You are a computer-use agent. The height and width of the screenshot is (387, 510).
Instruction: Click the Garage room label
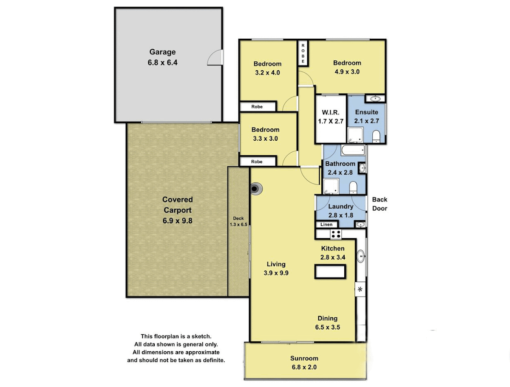click(162, 52)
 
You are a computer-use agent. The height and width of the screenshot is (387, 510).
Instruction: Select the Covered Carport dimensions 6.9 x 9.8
click(177, 221)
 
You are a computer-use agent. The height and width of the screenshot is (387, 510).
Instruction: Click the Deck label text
click(238, 218)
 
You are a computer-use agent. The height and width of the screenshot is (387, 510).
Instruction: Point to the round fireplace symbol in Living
click(255, 189)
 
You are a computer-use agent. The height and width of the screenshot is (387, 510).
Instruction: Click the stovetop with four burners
click(336, 234)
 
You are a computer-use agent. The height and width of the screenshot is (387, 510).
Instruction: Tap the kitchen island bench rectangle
click(330, 271)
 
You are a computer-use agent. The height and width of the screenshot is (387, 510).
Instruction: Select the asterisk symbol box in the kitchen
click(360, 289)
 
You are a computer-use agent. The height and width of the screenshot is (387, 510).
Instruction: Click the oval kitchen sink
click(360, 256)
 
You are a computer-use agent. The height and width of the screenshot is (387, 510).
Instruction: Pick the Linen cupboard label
click(326, 224)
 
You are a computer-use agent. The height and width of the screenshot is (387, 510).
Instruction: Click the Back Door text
click(380, 204)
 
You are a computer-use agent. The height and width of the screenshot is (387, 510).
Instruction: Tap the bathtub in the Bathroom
click(353, 150)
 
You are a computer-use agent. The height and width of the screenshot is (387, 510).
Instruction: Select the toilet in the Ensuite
click(376, 136)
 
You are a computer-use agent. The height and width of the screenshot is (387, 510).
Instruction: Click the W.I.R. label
click(330, 113)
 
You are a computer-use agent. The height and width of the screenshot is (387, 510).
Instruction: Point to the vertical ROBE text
click(303, 54)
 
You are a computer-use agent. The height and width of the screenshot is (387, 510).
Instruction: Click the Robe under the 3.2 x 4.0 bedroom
click(257, 107)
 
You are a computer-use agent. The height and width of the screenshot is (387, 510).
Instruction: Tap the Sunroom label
click(304, 358)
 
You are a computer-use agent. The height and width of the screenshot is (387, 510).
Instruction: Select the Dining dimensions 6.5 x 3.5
click(327, 327)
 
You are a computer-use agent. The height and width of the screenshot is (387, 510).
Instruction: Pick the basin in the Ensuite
click(375, 99)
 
